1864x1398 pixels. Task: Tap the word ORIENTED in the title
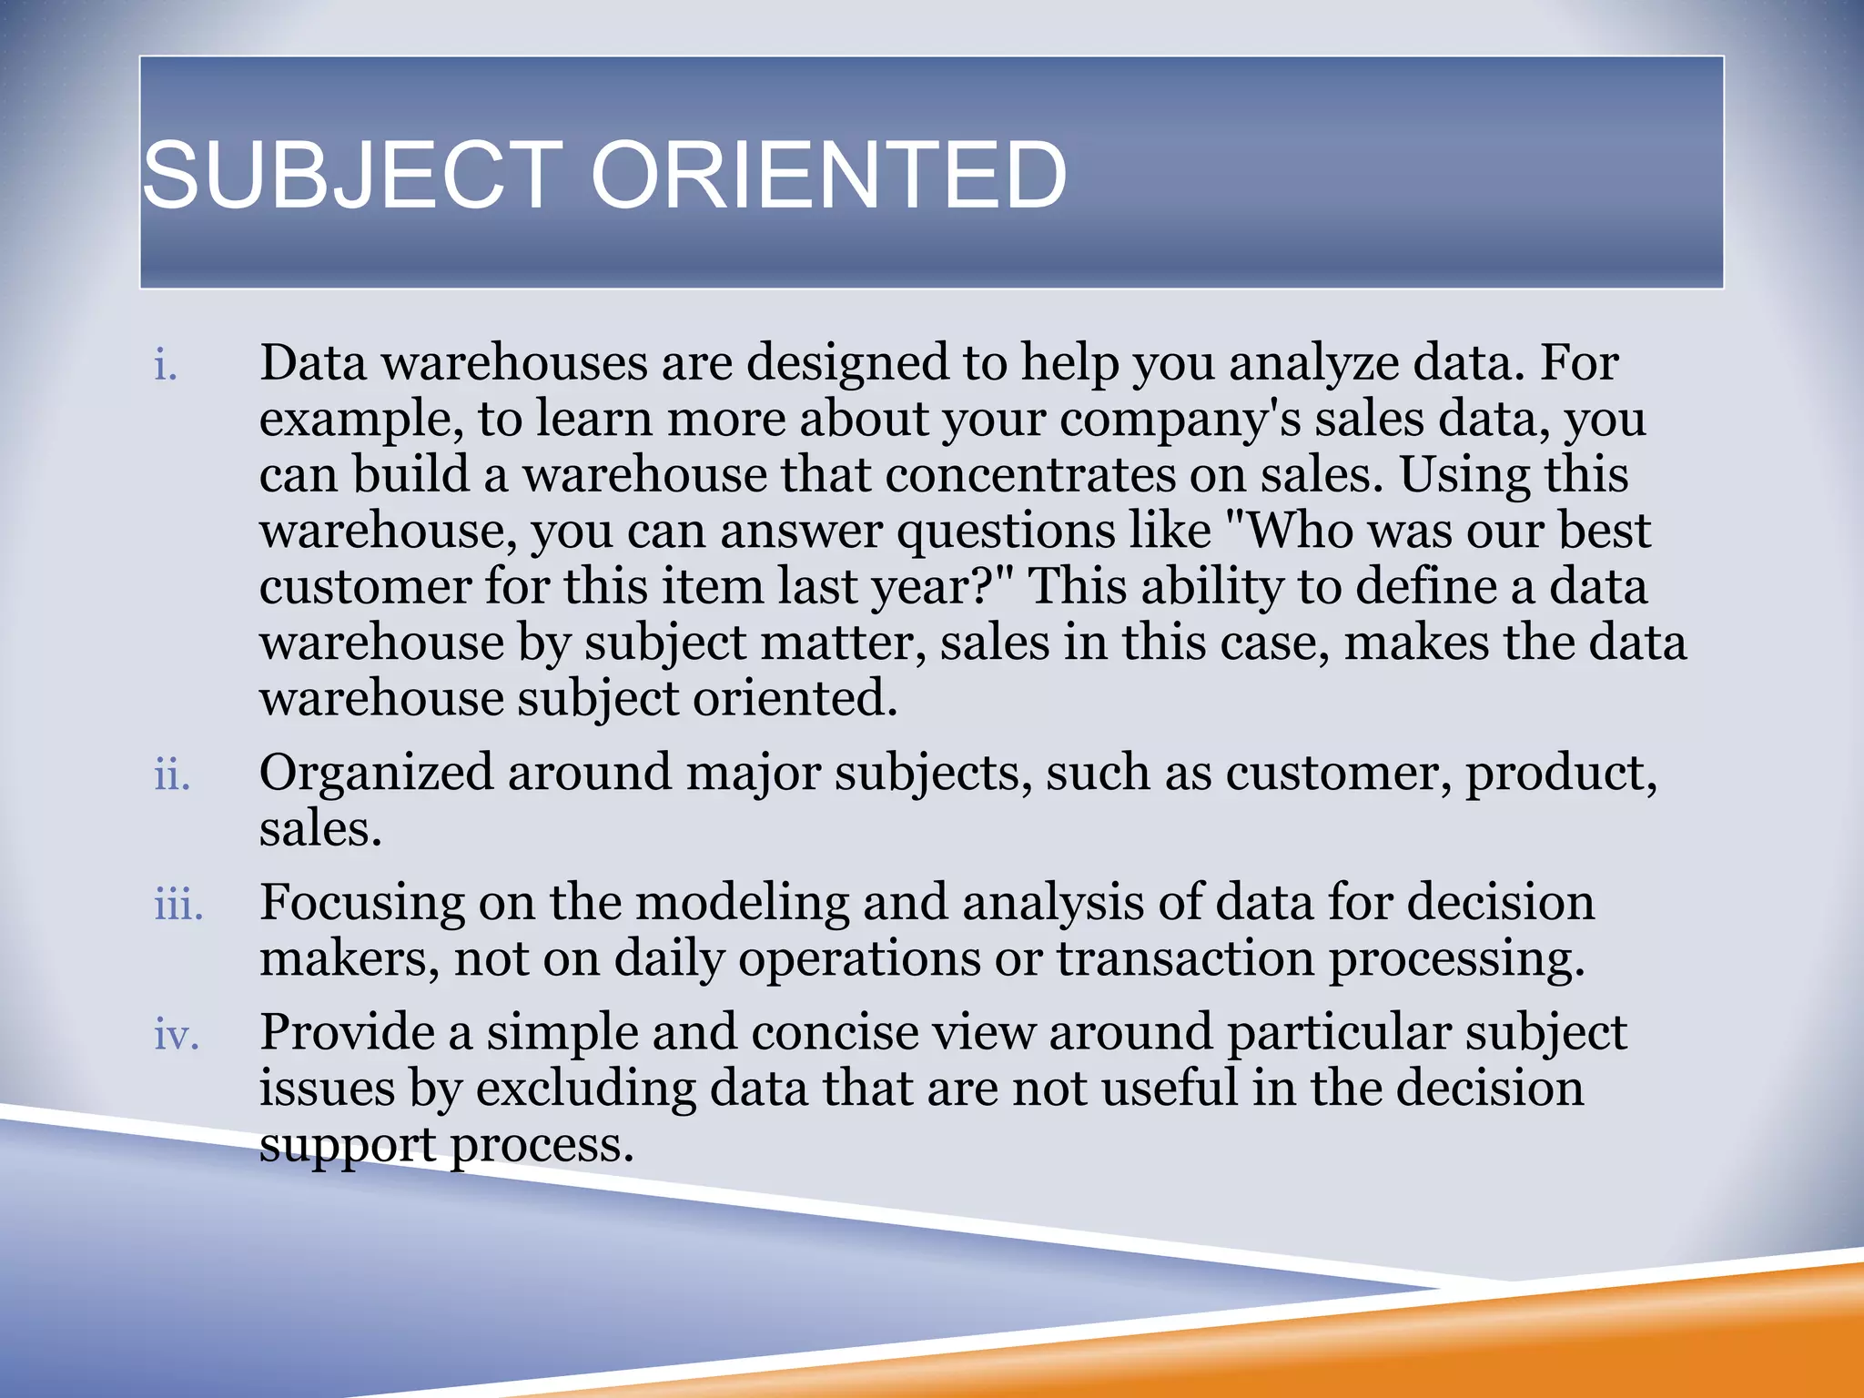(x=828, y=175)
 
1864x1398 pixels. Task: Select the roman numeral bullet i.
(x=165, y=366)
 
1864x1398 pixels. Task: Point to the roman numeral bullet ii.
(x=172, y=775)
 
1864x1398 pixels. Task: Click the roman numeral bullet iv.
(x=177, y=1036)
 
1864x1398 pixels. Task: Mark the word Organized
(x=376, y=774)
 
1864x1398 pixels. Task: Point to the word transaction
(x=1184, y=959)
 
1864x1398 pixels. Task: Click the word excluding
(x=585, y=1089)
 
